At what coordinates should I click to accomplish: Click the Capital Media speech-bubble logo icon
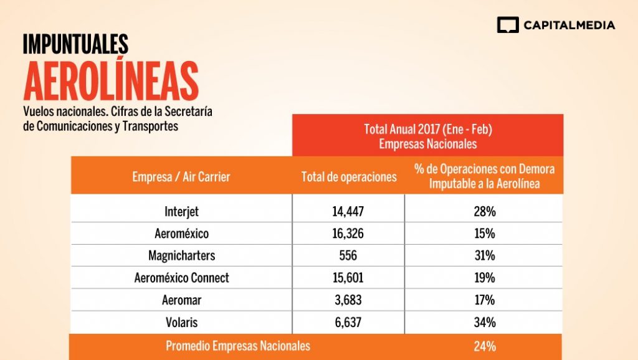click(508, 25)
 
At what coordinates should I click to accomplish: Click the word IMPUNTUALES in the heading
click(75, 44)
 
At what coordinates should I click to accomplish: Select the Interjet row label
click(181, 211)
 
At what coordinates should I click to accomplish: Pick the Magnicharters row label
click(181, 255)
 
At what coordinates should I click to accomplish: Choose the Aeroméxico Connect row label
click(181, 278)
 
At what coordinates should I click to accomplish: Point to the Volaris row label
click(181, 322)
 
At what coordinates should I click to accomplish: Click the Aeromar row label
click(181, 300)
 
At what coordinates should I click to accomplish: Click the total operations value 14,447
click(348, 211)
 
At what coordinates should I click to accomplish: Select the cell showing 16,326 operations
click(348, 234)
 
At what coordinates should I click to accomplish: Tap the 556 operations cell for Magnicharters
click(348, 255)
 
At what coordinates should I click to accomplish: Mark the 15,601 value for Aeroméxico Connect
click(348, 278)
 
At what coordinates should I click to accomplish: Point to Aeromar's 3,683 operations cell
click(348, 300)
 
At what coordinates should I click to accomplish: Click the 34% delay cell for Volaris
click(484, 322)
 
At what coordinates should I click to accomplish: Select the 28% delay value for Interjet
click(484, 211)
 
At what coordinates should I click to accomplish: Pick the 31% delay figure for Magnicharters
click(484, 255)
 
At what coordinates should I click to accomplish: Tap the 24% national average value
click(484, 346)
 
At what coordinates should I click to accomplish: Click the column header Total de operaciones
click(349, 177)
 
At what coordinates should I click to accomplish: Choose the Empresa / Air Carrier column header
click(181, 177)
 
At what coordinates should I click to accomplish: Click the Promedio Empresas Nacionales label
click(238, 346)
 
